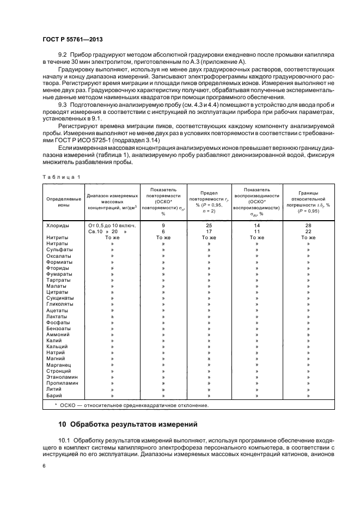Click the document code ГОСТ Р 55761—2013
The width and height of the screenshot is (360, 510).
click(x=72, y=40)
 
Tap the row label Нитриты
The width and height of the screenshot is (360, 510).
click(x=57, y=237)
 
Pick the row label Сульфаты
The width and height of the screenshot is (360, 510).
click(x=59, y=250)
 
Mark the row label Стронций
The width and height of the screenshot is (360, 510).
click(x=59, y=371)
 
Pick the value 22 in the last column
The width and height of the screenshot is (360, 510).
click(x=308, y=231)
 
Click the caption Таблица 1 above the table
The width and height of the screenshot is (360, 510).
click(x=61, y=177)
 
